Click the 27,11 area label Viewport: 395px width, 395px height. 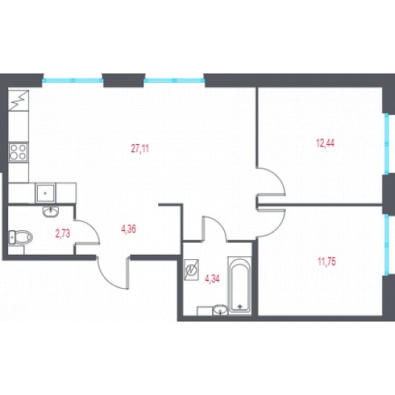point(140,148)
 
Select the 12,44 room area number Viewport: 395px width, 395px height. point(325,143)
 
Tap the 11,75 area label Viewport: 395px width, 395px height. point(327,262)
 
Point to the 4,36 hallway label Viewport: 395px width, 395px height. point(128,229)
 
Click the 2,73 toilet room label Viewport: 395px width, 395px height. point(62,234)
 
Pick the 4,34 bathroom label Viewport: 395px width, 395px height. point(212,279)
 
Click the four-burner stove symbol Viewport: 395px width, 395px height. point(18,152)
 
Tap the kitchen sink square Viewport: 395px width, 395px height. point(45,193)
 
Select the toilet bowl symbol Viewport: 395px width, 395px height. point(20,237)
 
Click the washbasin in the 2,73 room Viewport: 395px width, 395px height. point(50,212)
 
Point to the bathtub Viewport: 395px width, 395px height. point(240,285)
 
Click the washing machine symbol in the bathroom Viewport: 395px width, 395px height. point(192,270)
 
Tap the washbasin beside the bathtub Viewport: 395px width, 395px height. point(221,310)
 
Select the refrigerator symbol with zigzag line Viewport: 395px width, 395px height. point(18,100)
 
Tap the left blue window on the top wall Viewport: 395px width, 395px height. point(73,80)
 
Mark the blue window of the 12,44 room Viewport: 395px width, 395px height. point(387,143)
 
